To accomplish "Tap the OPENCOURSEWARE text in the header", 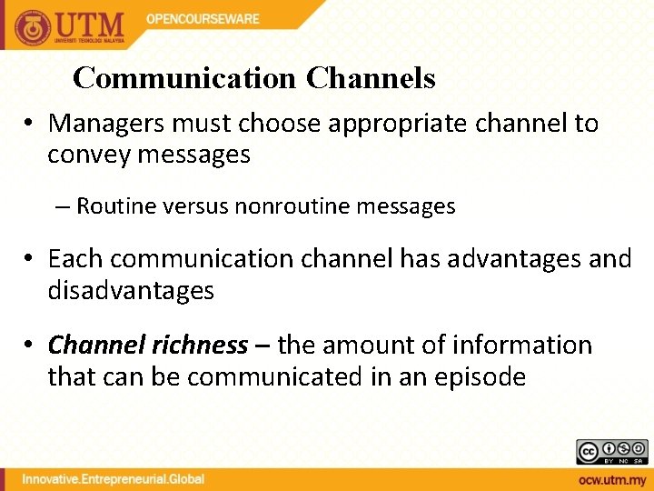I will tap(203, 18).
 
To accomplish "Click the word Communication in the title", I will tap(184, 78).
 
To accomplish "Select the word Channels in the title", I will tap(371, 78).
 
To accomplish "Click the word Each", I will tap(74, 258).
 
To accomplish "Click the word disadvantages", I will tap(131, 290).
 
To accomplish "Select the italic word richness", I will tap(200, 346).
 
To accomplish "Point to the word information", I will tap(519, 346).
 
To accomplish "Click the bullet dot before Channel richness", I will tap(31, 346).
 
